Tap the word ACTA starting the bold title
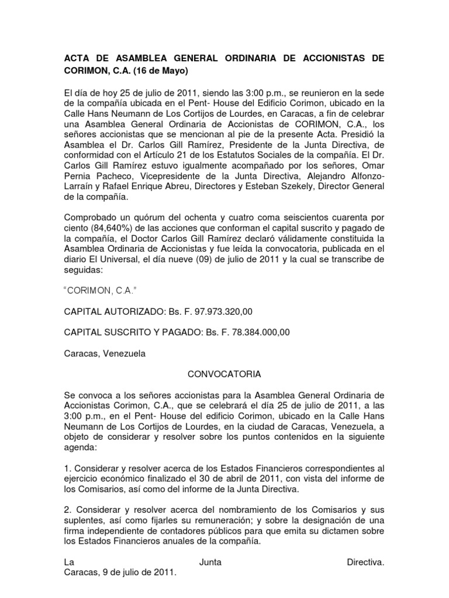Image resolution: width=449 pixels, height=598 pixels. (77, 59)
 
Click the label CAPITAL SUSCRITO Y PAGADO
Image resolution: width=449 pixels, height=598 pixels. (132, 333)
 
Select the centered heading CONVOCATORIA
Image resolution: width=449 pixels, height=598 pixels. (224, 373)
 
